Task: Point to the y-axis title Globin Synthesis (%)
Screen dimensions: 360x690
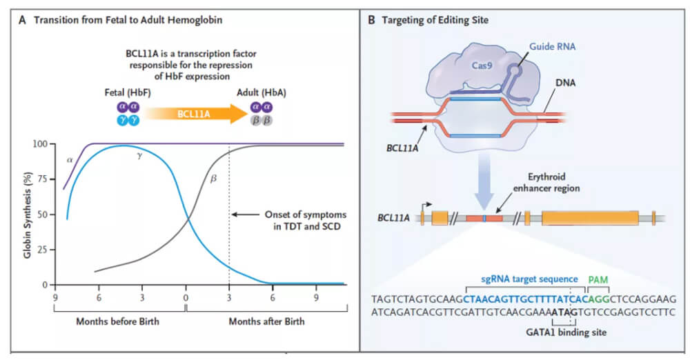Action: tap(27, 214)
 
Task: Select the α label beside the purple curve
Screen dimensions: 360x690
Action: tap(70, 159)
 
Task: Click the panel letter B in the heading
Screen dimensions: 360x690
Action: tap(372, 20)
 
